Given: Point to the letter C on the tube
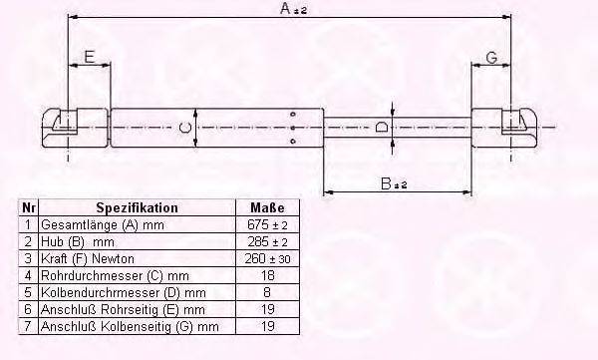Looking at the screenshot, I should [183, 127].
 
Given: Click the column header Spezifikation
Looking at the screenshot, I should [137, 208].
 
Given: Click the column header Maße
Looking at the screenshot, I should [264, 208].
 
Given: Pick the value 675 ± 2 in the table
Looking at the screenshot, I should [265, 226].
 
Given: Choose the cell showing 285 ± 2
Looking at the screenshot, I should [265, 242].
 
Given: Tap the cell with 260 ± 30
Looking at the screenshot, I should [265, 259].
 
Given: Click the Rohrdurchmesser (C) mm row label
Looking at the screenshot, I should [115, 276].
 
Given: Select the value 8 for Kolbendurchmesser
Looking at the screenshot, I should [265, 293].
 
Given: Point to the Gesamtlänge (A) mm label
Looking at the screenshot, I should [104, 226].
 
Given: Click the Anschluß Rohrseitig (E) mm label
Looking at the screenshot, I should [117, 310].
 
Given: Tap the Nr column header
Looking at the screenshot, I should [29, 208].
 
